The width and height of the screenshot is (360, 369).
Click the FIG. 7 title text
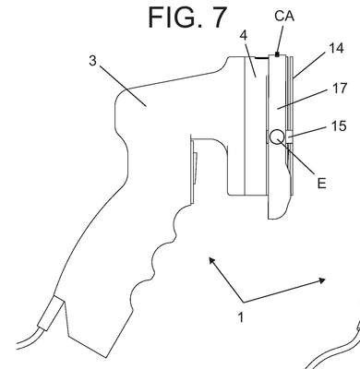click(187, 18)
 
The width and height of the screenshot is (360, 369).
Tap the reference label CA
click(284, 16)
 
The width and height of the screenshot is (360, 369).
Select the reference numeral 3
click(92, 61)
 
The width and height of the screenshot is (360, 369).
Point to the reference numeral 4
click(243, 36)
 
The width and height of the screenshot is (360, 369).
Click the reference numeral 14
click(336, 48)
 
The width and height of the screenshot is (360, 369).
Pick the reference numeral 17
click(340, 89)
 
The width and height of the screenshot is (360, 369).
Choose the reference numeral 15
click(339, 126)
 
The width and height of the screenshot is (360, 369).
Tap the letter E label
click(321, 184)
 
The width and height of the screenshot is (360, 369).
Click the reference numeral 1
click(241, 317)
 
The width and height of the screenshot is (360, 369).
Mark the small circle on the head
click(277, 137)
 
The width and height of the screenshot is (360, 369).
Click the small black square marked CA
click(277, 54)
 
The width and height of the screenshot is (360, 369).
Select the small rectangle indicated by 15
click(290, 137)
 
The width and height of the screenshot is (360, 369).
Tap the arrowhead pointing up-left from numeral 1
click(211, 260)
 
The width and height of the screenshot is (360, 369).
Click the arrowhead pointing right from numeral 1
click(322, 280)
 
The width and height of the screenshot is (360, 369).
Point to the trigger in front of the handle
click(194, 169)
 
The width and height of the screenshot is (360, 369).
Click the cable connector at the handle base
click(51, 313)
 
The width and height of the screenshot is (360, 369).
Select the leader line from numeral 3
click(123, 86)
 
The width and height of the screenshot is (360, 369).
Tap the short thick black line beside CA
click(262, 57)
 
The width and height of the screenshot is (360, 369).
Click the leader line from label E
click(296, 158)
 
